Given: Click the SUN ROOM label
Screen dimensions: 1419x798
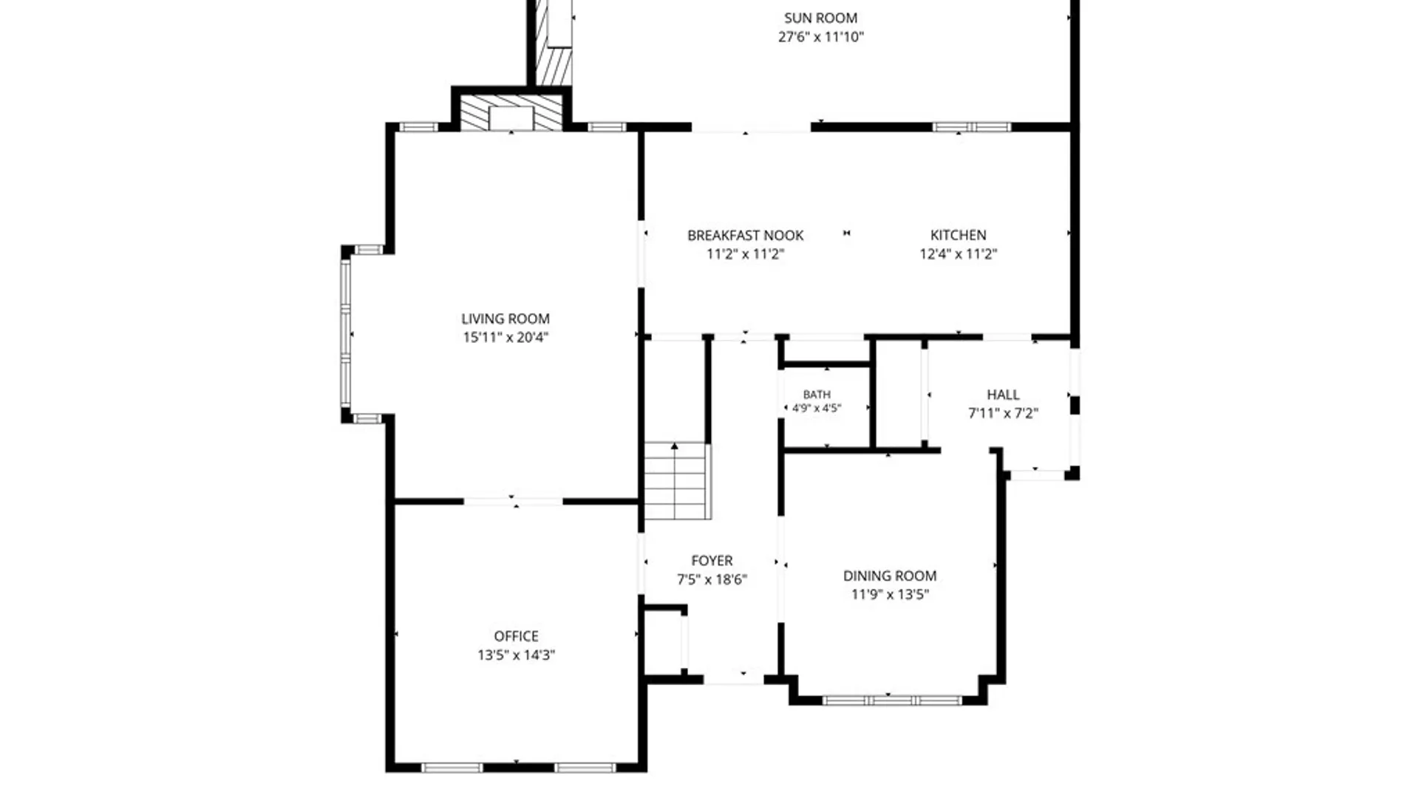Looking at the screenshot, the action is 820,18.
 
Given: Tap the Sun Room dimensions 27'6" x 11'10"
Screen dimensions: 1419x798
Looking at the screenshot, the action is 820,37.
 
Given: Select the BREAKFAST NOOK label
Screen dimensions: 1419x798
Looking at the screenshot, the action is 745,235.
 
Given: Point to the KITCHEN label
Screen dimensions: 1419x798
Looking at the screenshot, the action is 958,235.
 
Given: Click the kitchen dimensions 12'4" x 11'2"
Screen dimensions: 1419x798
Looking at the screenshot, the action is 958,254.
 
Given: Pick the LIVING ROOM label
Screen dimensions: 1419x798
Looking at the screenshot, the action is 506,318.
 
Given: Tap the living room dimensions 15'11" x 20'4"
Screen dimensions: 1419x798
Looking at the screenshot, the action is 506,338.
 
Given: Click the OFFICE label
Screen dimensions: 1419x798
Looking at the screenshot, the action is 516,636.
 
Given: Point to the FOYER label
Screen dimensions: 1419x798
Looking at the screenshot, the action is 712,561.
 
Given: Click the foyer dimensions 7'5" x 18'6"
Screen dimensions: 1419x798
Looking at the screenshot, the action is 712,580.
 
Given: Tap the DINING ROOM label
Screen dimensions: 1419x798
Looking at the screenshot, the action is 890,576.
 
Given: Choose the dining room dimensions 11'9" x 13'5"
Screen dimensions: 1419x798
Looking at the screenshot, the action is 890,595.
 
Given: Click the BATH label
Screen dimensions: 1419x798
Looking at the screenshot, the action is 817,395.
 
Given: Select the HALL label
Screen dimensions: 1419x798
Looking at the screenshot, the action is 1003,395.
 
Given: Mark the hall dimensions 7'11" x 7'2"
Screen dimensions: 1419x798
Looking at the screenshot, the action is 1003,414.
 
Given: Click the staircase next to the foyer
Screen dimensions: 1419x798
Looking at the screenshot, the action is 677,481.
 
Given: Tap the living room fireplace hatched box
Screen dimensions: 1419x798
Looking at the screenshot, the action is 511,113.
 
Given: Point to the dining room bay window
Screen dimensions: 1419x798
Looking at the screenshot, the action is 892,700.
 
